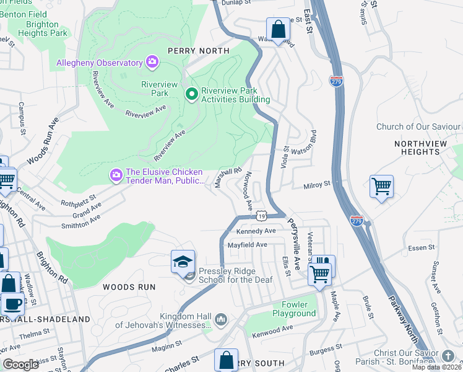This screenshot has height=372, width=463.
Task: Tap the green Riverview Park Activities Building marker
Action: click(192, 94)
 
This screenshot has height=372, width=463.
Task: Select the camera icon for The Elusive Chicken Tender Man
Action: click(116, 176)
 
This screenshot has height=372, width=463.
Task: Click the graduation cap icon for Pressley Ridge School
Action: click(183, 262)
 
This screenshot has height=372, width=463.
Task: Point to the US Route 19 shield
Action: click(262, 215)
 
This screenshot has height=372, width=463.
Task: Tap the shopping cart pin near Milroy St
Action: click(381, 186)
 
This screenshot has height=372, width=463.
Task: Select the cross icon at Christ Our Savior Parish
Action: click(448, 356)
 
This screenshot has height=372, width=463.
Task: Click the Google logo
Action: click(20, 365)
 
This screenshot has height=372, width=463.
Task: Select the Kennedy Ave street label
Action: click(256, 231)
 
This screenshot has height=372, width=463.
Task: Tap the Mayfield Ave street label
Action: click(247, 245)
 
